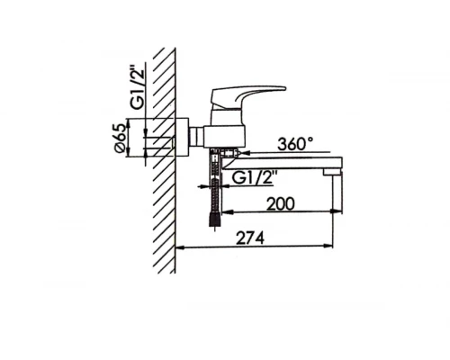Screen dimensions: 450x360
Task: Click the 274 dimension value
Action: click(250, 238)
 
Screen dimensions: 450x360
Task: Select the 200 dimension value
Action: click(281, 204)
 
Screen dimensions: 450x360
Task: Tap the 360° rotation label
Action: click(295, 144)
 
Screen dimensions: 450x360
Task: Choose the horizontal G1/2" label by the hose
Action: click(254, 178)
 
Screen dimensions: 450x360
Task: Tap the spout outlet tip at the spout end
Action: click(331, 172)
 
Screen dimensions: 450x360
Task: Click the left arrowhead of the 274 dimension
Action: click(179, 247)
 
